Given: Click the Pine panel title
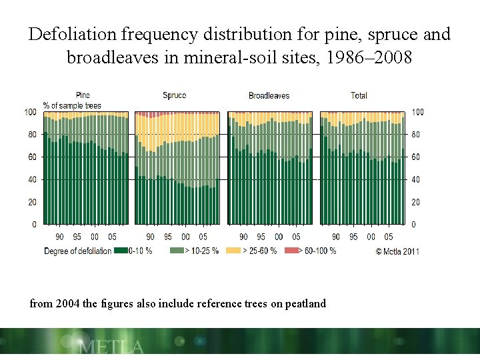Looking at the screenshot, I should (83, 95).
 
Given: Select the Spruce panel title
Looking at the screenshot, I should (175, 95).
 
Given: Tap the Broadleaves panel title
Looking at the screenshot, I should (269, 95).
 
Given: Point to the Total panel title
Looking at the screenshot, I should (359, 95).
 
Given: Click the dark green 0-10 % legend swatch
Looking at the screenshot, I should (122, 251).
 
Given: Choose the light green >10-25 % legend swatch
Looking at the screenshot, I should (178, 251).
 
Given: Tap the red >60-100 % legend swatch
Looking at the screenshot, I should (293, 251).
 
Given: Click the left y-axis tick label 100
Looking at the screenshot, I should (31, 112).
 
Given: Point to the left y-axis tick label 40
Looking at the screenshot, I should (33, 180).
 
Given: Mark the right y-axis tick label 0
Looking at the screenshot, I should (413, 225).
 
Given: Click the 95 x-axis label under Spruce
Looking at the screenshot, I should (167, 237).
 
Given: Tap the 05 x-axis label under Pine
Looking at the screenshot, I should (112, 237).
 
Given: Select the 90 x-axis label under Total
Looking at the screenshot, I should (335, 237).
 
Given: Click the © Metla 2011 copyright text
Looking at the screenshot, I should (397, 251).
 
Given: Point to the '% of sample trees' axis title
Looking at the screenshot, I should (72, 105).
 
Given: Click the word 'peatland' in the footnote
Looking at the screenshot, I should (305, 304).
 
